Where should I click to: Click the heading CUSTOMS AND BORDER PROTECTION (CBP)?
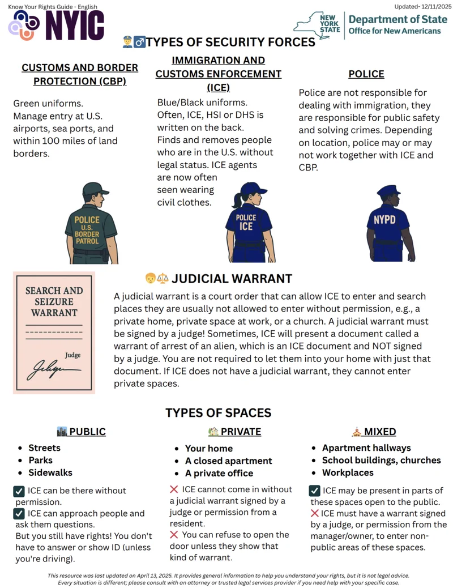80,74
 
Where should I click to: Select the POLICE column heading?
366,74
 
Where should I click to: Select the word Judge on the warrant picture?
72,355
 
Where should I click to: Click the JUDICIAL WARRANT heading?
232,279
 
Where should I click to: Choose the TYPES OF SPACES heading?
218,413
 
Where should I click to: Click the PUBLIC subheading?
87,432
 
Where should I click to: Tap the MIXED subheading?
380,432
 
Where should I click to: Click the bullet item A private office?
219,473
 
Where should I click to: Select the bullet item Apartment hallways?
366,448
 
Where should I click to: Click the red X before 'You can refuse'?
174,535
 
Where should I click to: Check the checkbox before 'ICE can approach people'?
19,514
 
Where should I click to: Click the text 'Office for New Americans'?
394,31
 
